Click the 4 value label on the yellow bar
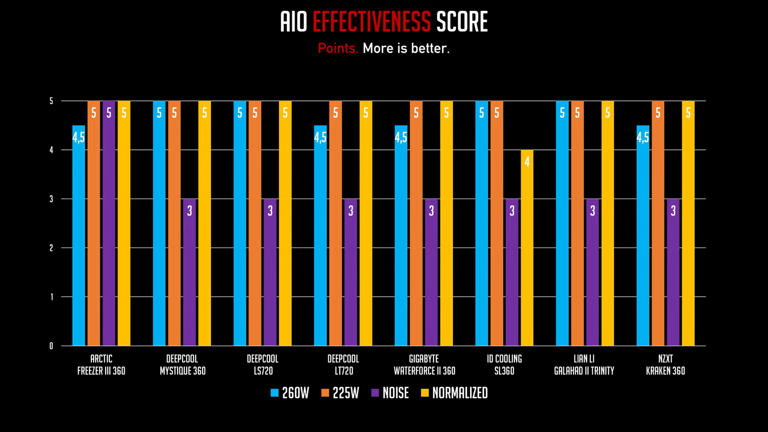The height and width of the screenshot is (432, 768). [x=527, y=162]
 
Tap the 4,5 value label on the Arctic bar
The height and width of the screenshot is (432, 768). [x=79, y=138]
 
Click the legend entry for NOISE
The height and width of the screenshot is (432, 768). [x=390, y=393]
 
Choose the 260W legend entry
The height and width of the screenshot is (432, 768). [x=290, y=393]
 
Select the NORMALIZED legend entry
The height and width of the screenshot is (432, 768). [x=454, y=393]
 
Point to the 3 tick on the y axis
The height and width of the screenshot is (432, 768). [x=51, y=199]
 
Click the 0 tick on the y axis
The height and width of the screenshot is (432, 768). [x=51, y=346]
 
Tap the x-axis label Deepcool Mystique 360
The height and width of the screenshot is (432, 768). [x=182, y=365]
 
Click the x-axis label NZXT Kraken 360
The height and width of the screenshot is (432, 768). [x=665, y=365]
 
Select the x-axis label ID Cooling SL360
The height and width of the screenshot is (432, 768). [x=504, y=365]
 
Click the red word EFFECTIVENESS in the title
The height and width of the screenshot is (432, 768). [x=372, y=22]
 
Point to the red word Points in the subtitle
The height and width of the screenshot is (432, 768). [x=337, y=48]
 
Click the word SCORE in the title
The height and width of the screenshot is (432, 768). [x=462, y=22]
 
